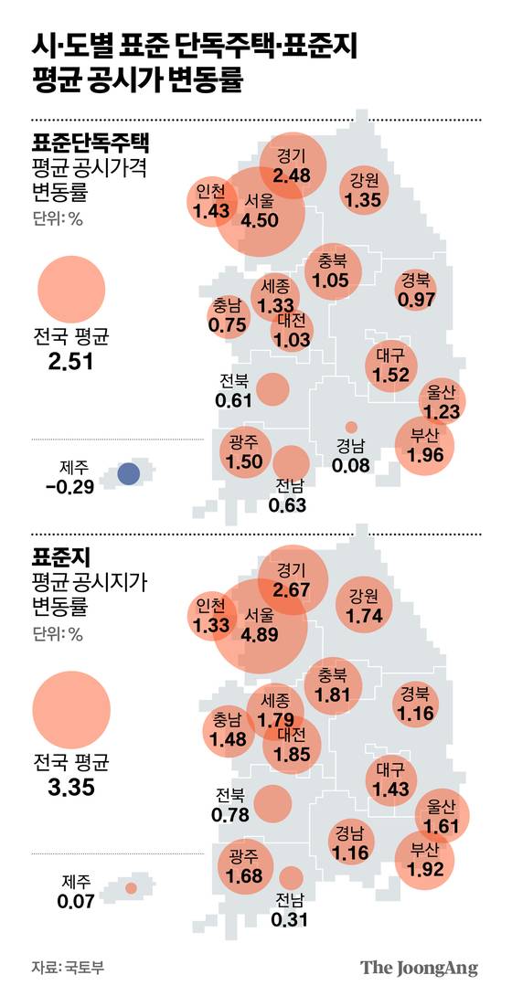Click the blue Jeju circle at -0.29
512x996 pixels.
point(130,473)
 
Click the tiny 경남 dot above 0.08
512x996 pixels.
point(351,427)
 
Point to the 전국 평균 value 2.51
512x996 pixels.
point(70,363)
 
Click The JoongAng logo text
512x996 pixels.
point(418,968)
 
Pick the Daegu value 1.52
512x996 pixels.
point(390,374)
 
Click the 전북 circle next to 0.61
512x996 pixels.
point(272,389)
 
